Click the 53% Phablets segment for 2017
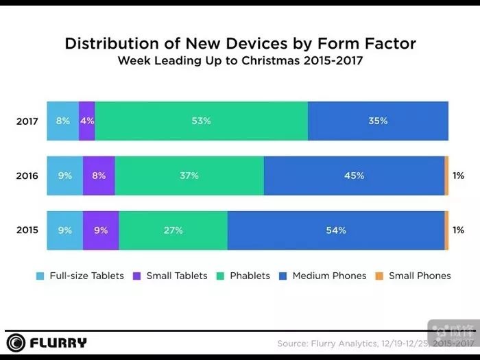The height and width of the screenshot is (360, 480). pyautogui.click(x=201, y=121)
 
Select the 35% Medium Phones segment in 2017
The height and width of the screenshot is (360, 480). pyautogui.click(x=378, y=121)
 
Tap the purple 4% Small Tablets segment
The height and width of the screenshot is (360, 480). pyautogui.click(x=87, y=121)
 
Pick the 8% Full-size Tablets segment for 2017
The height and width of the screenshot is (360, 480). pyautogui.click(x=62, y=121)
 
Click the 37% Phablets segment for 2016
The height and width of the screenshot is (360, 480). pyautogui.click(x=189, y=176)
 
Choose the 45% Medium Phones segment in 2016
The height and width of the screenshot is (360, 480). pyautogui.click(x=354, y=176)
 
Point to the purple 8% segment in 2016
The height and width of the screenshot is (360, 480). pyautogui.click(x=99, y=176)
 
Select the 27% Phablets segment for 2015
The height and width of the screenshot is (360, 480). pyautogui.click(x=173, y=230)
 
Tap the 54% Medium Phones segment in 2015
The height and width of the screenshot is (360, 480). pyautogui.click(x=336, y=230)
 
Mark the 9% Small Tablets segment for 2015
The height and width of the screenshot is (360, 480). pyautogui.click(x=101, y=230)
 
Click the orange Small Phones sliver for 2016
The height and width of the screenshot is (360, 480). pyautogui.click(x=446, y=176)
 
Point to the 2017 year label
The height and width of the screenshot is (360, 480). pyautogui.click(x=27, y=121)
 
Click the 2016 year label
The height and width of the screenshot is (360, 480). pyautogui.click(x=27, y=176)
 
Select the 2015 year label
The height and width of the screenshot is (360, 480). pyautogui.click(x=27, y=230)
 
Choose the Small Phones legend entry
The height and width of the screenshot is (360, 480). pyautogui.click(x=413, y=276)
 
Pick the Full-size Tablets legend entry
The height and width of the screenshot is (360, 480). pyautogui.click(x=81, y=276)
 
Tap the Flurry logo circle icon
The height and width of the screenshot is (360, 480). pyautogui.click(x=16, y=342)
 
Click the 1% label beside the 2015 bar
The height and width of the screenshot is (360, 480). pyautogui.click(x=458, y=230)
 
